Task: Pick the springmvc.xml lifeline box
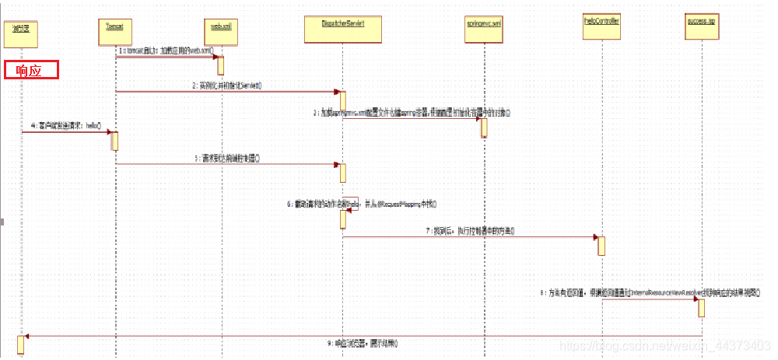click(x=484, y=30)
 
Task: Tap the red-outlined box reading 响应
click(x=32, y=70)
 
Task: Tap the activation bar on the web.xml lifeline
click(x=220, y=66)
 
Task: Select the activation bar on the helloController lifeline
click(x=601, y=245)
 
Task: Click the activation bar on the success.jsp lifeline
click(x=701, y=308)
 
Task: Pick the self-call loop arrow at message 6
click(x=351, y=204)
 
